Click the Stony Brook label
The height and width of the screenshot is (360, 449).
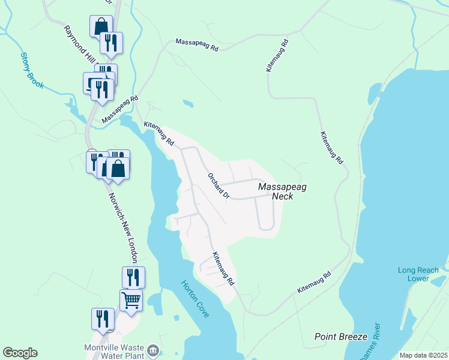point(32,71)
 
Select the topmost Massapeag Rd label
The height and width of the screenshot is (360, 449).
point(196,45)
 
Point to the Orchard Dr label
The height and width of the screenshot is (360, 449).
point(218,186)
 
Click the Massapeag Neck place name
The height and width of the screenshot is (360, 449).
point(282,191)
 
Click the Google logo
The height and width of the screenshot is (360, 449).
point(20,353)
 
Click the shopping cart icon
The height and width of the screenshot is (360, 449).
point(131,299)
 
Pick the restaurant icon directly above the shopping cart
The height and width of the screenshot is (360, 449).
point(133,277)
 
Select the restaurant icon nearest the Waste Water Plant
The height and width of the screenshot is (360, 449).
point(102,319)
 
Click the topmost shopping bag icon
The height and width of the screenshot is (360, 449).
point(100,26)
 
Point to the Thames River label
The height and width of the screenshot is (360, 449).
point(375,342)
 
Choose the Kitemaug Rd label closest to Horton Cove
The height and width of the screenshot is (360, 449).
point(221,268)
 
